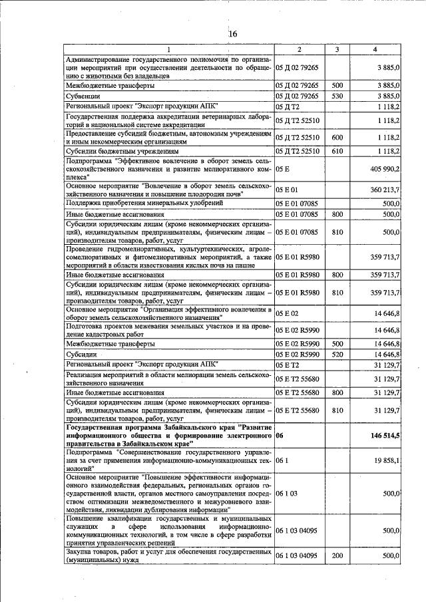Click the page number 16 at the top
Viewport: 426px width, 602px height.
point(232,34)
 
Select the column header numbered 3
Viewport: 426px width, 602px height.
point(337,50)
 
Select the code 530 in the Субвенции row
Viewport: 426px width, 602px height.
point(337,96)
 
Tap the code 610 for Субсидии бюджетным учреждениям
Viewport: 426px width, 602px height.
point(337,151)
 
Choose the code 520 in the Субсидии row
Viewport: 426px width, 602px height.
point(337,355)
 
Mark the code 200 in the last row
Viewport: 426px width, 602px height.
point(337,555)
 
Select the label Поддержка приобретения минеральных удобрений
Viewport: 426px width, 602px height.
point(139,203)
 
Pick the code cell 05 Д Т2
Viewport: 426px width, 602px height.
point(287,106)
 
